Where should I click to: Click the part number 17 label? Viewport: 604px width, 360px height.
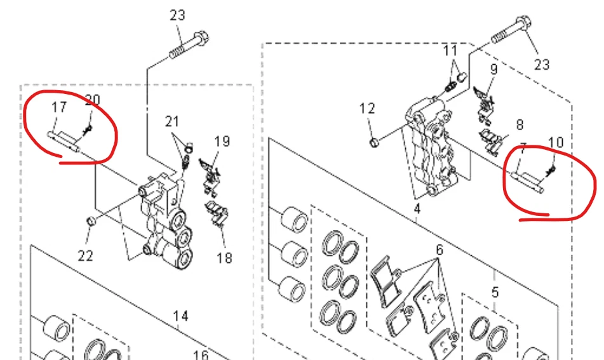(59, 107)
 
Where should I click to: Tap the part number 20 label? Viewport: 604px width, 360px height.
(93, 100)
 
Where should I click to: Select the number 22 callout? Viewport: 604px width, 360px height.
(86, 255)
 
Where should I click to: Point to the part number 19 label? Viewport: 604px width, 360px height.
(222, 142)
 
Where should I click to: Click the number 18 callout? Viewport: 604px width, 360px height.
(225, 258)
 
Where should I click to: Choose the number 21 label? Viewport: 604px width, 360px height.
(172, 121)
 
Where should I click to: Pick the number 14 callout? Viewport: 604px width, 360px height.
(180, 316)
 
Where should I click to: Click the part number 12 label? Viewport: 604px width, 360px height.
(367, 109)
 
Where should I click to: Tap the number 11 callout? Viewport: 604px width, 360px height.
(450, 50)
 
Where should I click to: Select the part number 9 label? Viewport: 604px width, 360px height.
(494, 69)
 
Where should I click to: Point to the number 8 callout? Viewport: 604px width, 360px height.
(520, 124)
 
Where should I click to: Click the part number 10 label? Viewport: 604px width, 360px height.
(556, 143)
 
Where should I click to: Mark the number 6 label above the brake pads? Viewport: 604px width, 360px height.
(440, 250)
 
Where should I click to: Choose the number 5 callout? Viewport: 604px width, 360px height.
(495, 292)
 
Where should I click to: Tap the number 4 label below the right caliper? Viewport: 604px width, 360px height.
(417, 209)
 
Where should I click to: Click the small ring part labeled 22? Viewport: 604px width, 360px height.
(91, 222)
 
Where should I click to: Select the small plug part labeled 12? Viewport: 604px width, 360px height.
(374, 143)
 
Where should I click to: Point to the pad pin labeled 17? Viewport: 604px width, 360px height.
(64, 141)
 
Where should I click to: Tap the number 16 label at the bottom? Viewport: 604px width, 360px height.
(201, 355)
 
